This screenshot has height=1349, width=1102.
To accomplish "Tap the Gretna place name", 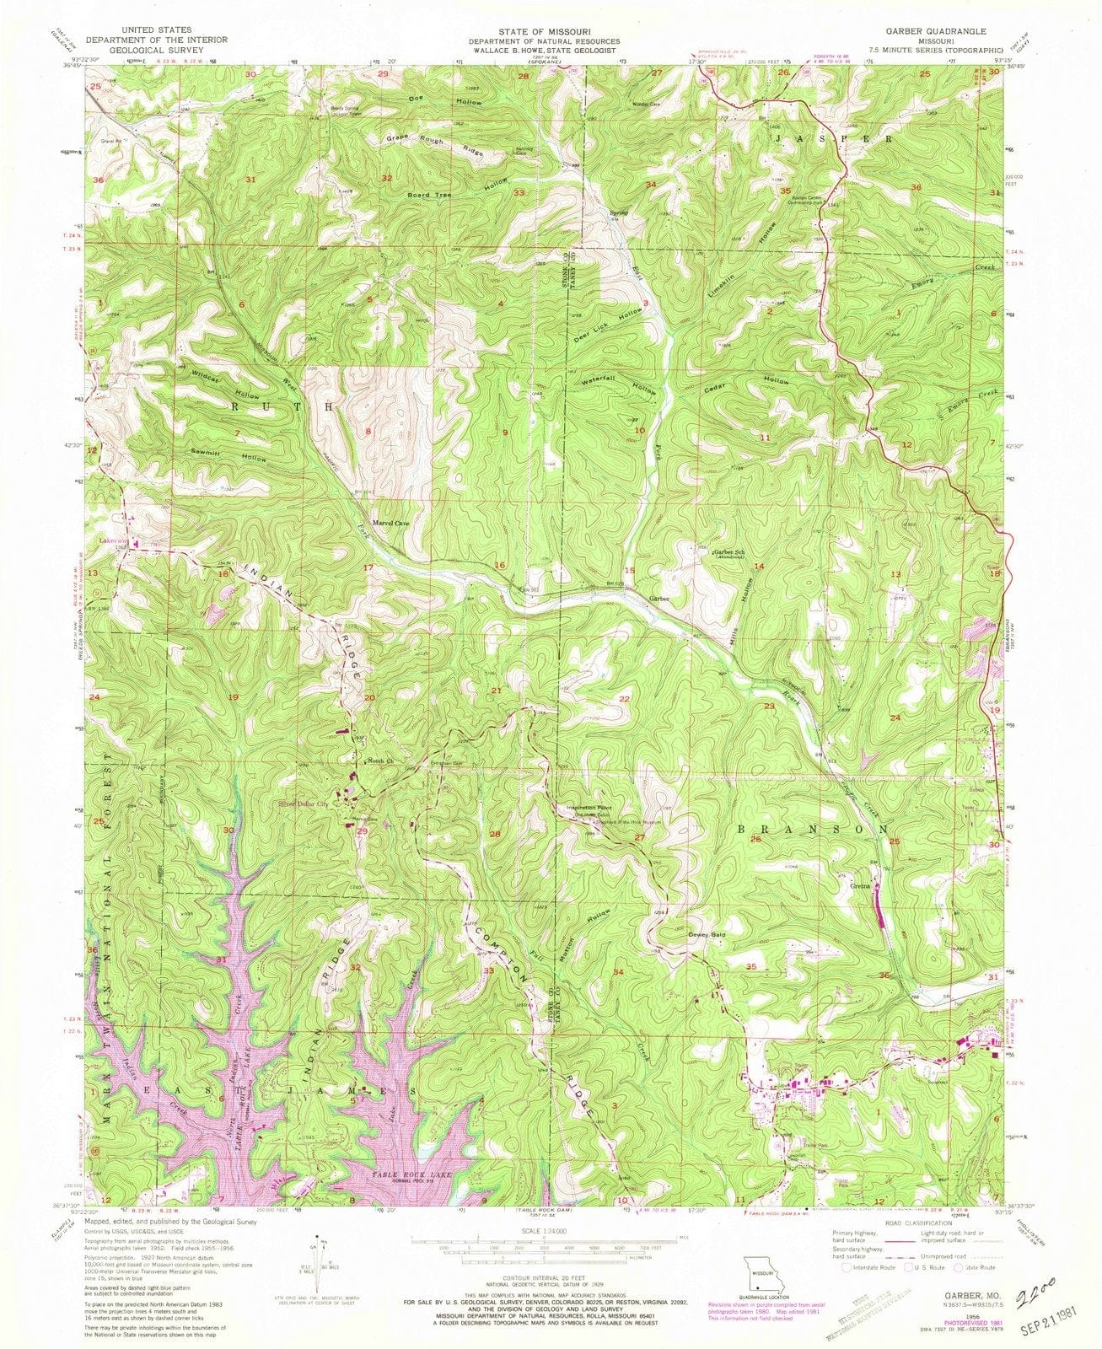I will (x=860, y=886).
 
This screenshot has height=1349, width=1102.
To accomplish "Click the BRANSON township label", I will (x=813, y=830).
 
